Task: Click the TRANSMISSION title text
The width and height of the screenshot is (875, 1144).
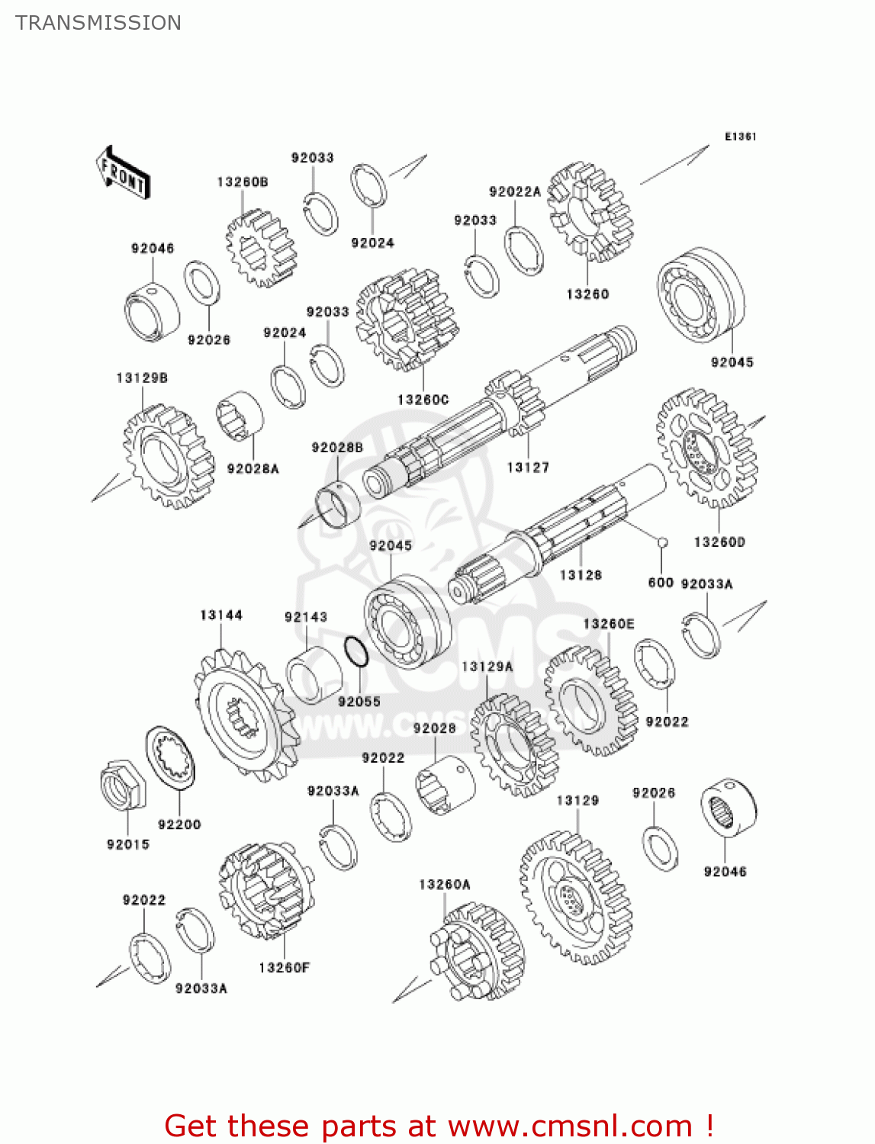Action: coord(98,23)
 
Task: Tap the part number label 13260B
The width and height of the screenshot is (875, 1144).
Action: coord(243,182)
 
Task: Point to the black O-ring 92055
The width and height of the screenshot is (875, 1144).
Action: coord(356,651)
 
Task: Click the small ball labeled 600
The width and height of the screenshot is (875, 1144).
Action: coord(662,542)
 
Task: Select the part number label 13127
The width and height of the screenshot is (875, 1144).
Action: coord(528,468)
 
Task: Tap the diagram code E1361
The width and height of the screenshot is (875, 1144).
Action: coord(741,137)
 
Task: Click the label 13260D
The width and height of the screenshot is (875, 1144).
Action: coord(719,542)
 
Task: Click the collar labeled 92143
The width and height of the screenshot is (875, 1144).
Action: coord(314,675)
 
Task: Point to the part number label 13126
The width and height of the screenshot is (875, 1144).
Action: coord(581,575)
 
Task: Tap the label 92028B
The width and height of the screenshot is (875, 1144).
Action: coord(337,448)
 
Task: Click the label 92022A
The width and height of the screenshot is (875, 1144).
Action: coord(515,191)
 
